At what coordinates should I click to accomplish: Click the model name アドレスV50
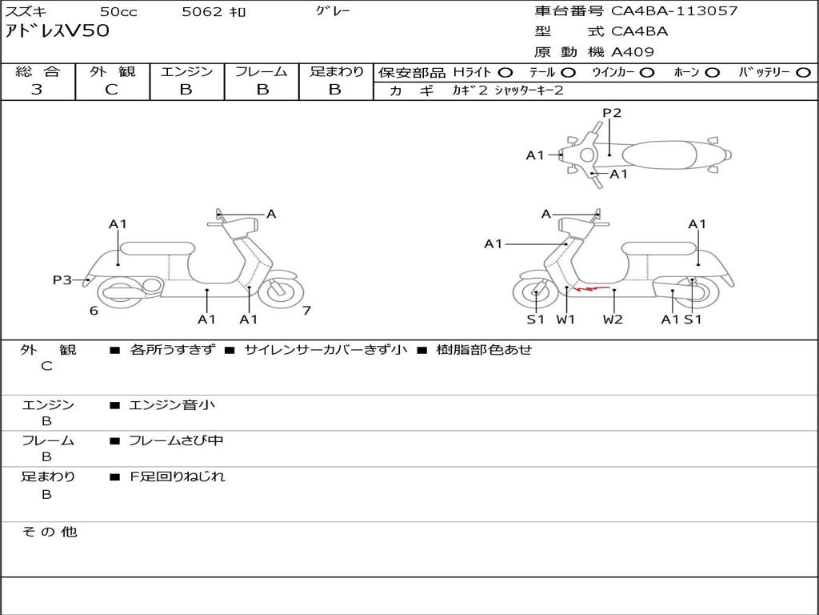[58, 32]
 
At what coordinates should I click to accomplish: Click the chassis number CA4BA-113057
[674, 11]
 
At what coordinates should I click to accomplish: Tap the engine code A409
[633, 52]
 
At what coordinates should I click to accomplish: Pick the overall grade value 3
[37, 90]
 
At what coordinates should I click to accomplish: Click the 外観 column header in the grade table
[112, 72]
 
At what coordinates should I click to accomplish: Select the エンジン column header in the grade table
[186, 72]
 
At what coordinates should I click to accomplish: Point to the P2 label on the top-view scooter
[612, 113]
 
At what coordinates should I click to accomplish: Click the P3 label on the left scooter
[62, 279]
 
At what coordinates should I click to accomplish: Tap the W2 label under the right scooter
[613, 320]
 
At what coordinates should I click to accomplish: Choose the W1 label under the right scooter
[566, 320]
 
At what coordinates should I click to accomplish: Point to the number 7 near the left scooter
[306, 311]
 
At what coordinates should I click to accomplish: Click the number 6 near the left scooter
[94, 311]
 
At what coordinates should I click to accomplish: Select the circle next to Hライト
[505, 73]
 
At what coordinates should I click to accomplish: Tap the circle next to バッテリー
[803, 73]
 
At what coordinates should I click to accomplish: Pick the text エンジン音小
[172, 405]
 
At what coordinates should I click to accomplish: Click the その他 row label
[49, 532]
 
